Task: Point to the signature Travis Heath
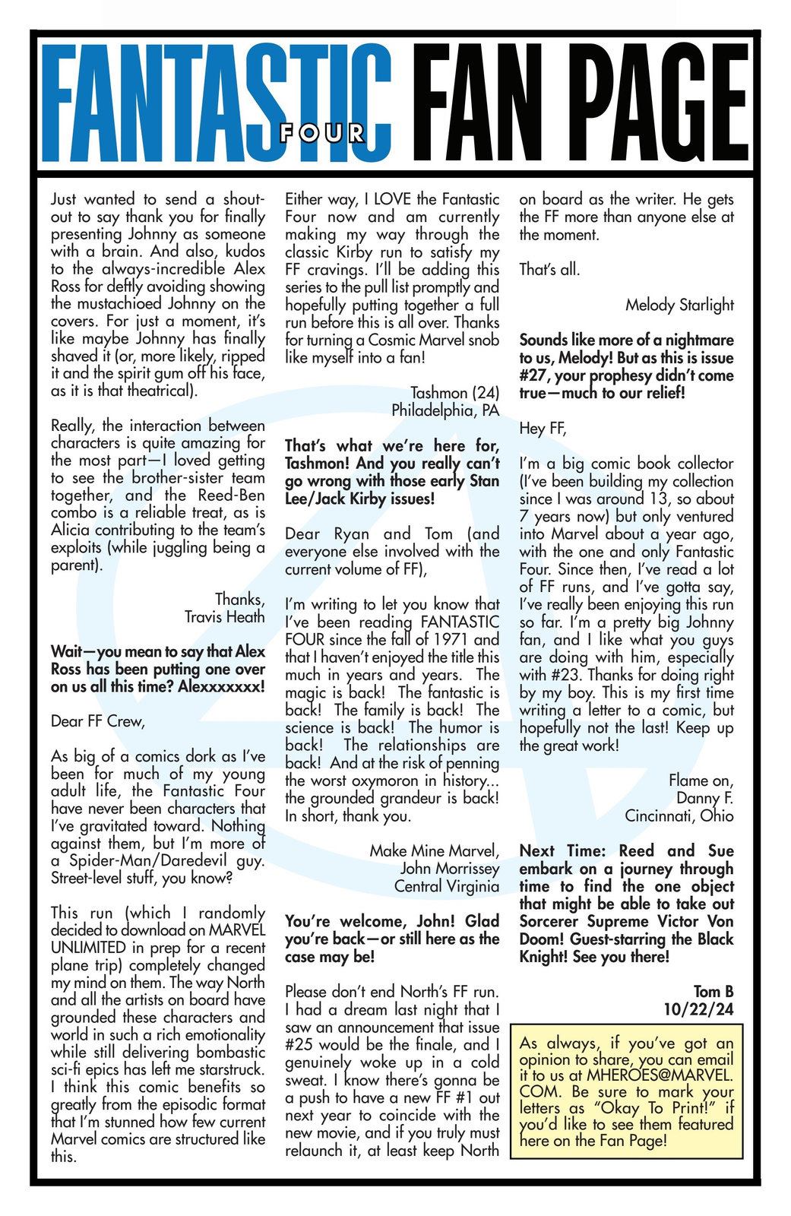tap(224, 616)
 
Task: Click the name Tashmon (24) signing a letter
tap(454, 393)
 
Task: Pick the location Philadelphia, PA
tap(445, 410)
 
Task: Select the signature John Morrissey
tap(450, 868)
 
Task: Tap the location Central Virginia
tap(447, 885)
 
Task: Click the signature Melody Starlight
tap(679, 305)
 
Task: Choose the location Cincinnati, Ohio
tap(679, 815)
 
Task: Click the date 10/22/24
tap(698, 1009)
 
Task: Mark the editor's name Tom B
tap(713, 991)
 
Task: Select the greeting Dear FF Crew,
tap(97, 720)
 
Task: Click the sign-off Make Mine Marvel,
tap(435, 850)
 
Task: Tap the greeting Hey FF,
tap(543, 428)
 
